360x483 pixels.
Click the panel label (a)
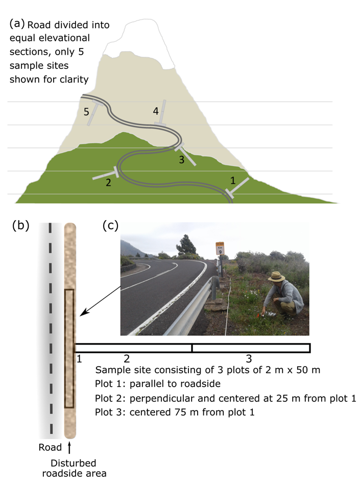17,23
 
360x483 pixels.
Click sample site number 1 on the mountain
233,180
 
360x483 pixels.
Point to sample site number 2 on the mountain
108,182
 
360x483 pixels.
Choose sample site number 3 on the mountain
181,159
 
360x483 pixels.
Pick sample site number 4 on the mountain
156,110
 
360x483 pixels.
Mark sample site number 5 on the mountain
87,111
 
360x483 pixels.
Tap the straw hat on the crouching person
277,277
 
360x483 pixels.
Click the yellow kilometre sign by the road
220,249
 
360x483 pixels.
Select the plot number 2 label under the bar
127,358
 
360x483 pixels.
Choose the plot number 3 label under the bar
249,358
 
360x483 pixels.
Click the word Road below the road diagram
50,448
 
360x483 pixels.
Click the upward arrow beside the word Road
69,448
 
